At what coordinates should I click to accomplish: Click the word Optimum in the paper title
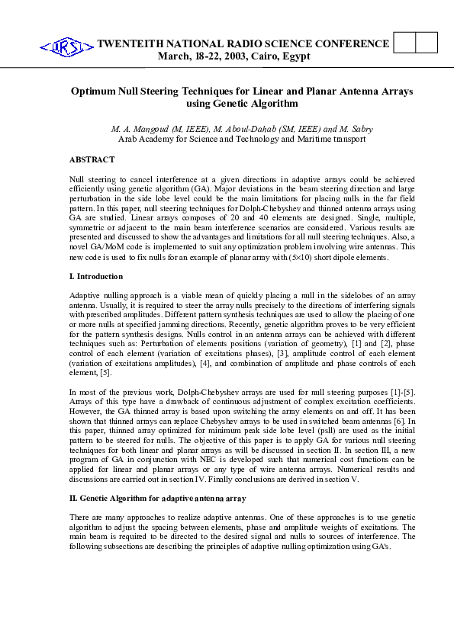pyautogui.click(x=93, y=91)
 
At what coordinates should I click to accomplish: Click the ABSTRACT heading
pyautogui.click(x=92, y=159)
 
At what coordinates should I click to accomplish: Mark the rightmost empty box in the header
pyautogui.click(x=427, y=43)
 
